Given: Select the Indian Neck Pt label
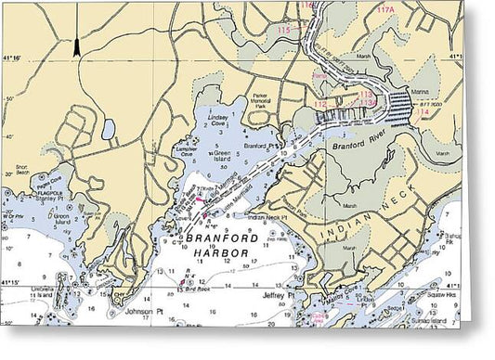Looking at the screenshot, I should (267, 216).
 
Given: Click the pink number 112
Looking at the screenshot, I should (319, 104).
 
